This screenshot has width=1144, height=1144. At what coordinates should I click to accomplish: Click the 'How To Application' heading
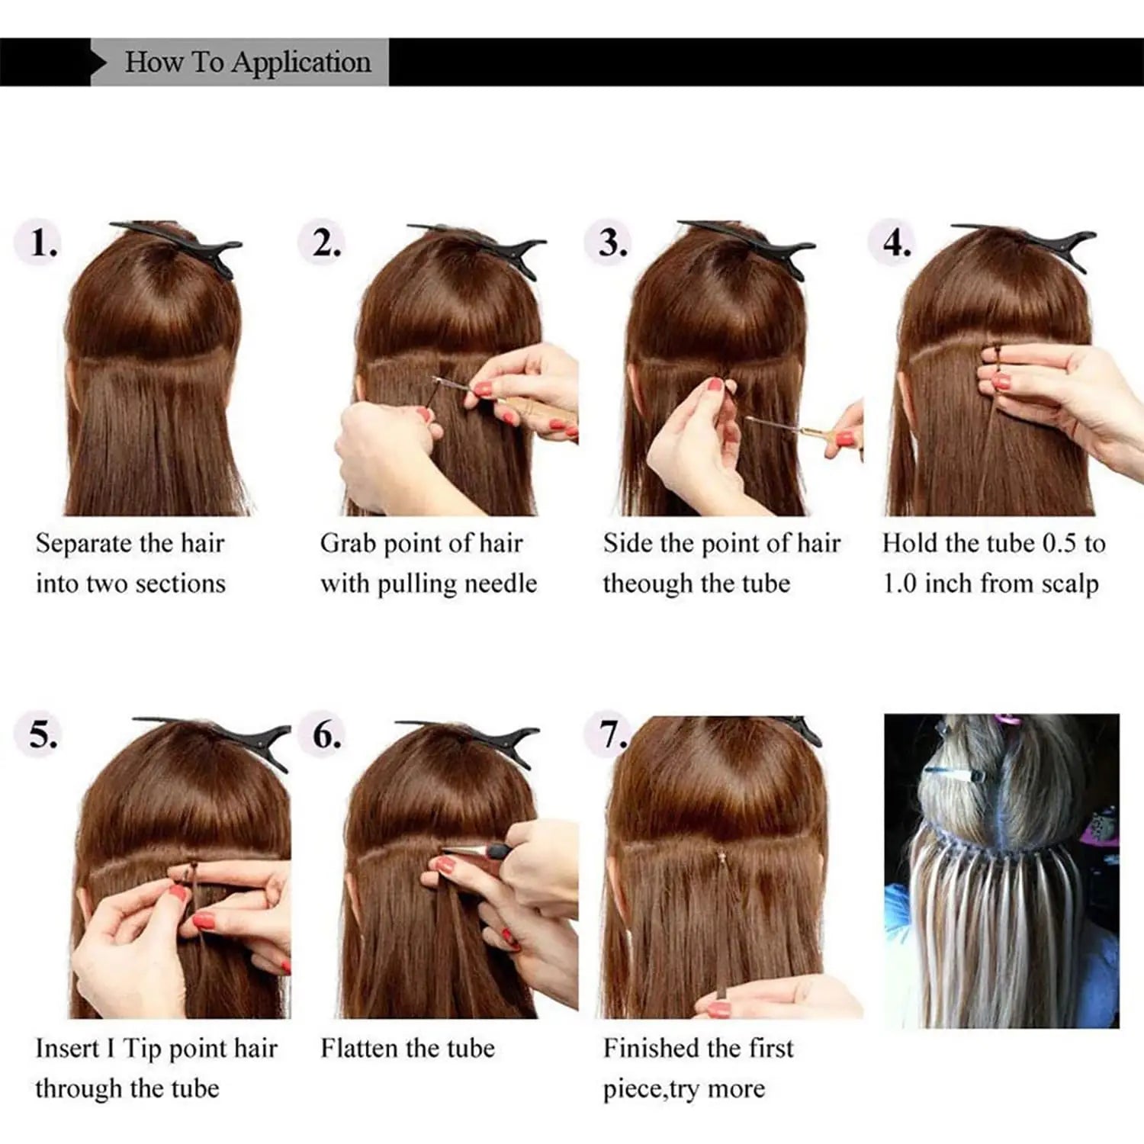pos(248,63)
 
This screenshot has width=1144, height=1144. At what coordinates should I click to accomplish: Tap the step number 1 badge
pos(43,243)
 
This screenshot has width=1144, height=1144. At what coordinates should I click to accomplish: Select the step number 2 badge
pos(326,243)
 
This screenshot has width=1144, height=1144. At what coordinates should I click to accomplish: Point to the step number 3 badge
pos(612,243)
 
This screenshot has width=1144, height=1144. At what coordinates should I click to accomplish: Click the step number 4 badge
pos(897,243)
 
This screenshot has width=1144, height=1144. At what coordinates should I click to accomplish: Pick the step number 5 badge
pos(43,734)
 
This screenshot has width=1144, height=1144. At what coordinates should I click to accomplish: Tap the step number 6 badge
pos(326,734)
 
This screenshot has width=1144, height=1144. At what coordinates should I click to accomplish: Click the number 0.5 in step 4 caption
pos(1059,543)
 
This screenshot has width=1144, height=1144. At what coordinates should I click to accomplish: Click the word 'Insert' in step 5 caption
pos(67,1049)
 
